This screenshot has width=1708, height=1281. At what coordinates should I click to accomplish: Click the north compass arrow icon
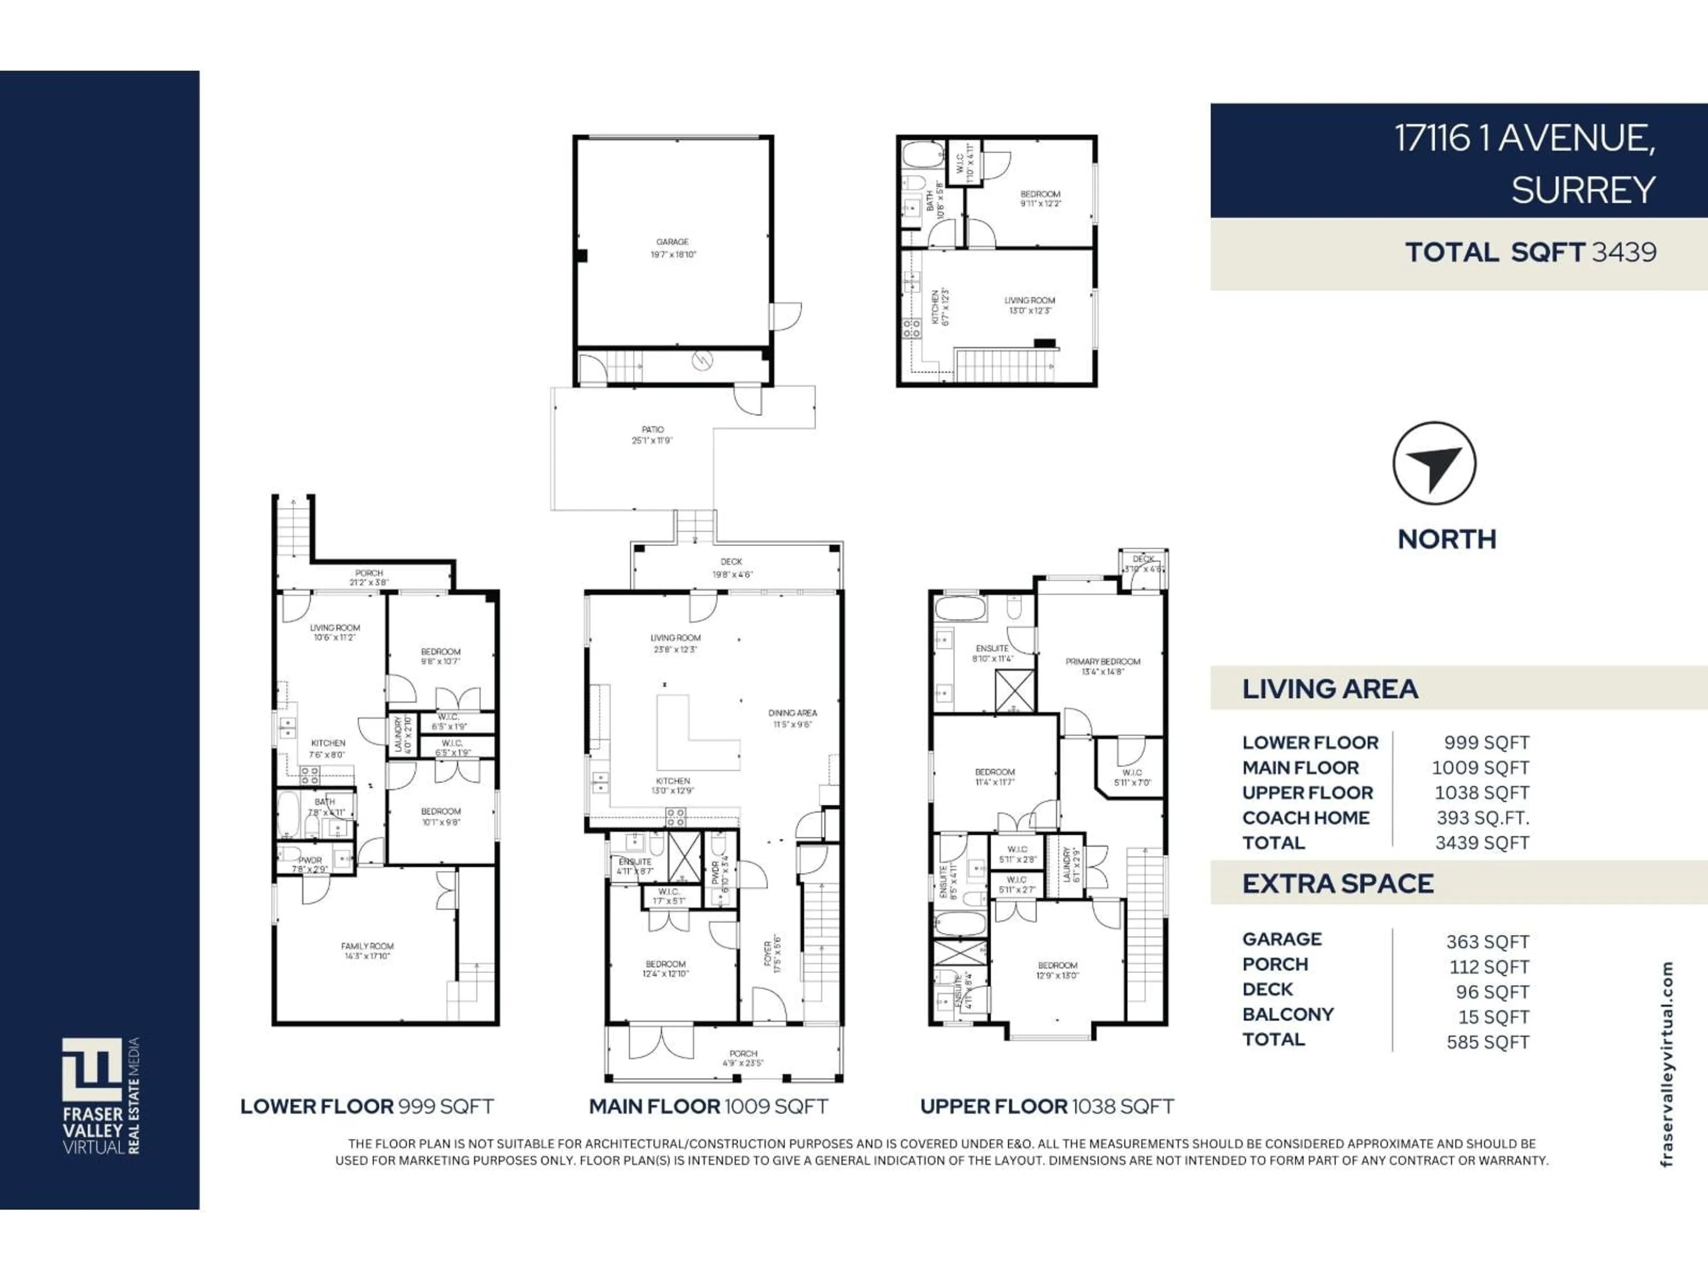1434,463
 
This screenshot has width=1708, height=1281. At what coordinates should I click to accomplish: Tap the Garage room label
673,248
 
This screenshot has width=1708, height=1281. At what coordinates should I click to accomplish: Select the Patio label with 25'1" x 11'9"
653,435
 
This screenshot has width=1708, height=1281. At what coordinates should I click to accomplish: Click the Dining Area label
792,718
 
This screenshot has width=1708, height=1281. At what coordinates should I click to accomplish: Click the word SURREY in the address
1583,190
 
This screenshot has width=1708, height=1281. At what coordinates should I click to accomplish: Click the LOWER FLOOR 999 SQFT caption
367,1107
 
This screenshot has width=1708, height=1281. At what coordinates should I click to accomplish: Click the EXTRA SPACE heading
1337,883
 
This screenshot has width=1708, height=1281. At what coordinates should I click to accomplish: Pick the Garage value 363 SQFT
1487,942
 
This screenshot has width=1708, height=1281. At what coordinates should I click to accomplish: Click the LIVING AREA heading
1329,689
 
